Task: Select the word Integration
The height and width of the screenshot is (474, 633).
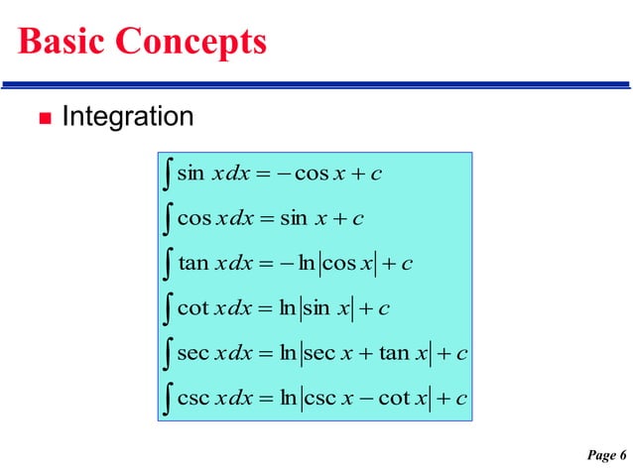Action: tap(128, 117)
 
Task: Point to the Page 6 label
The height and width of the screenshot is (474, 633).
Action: tap(605, 455)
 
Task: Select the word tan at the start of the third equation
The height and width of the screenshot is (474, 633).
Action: tap(192, 263)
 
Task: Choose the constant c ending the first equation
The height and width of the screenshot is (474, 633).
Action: tap(375, 176)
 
